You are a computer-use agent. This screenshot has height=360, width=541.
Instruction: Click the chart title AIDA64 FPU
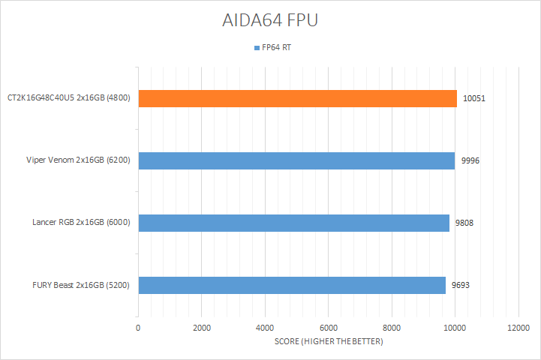[x=270, y=20]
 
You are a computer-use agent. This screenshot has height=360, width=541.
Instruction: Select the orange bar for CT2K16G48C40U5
[x=297, y=98]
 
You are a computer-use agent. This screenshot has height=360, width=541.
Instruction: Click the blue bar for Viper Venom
[x=296, y=160]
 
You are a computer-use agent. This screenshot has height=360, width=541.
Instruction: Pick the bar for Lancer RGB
[x=293, y=223]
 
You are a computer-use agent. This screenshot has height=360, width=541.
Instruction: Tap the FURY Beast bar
[x=291, y=285]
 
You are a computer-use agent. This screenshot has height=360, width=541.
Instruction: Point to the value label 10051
[x=473, y=98]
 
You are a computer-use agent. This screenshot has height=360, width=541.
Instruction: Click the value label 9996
[x=470, y=160]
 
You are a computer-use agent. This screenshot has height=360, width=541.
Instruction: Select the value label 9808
[x=464, y=223]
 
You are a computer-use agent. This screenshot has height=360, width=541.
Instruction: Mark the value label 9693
[x=461, y=285]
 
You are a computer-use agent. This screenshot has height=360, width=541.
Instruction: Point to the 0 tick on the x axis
[x=138, y=328]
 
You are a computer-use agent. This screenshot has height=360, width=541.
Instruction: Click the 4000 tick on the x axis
[x=265, y=328]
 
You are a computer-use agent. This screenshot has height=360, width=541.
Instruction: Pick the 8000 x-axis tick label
[x=392, y=328]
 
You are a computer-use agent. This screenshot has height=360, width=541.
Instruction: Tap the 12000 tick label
[x=518, y=328]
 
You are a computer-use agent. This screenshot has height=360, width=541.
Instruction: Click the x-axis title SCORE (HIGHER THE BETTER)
[x=328, y=342]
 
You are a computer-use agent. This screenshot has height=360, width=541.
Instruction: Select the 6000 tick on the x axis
[x=328, y=328]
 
